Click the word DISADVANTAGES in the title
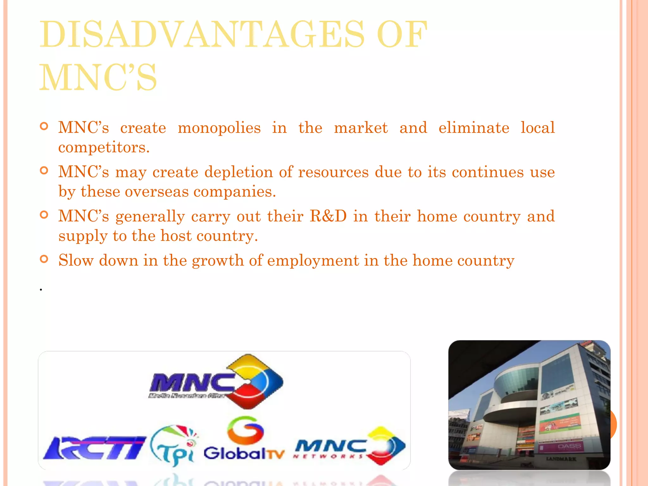(202, 34)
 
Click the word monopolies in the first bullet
(219, 128)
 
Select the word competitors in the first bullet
(104, 147)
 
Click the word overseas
(157, 192)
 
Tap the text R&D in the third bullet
(328, 216)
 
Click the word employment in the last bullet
(313, 261)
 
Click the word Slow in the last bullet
(76, 261)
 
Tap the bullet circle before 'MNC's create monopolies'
(44, 127)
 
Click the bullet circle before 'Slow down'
(44, 259)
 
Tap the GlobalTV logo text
(244, 453)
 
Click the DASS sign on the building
(570, 446)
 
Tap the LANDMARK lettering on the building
(561, 459)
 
